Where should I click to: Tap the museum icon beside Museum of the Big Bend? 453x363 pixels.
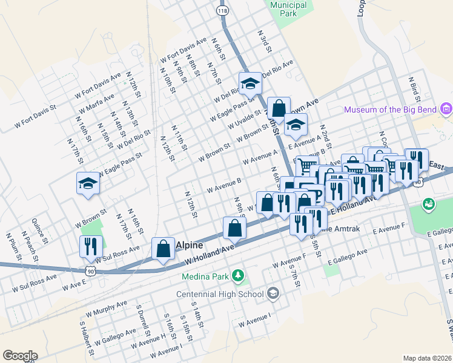[446, 110]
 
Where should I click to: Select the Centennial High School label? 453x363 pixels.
[219, 295]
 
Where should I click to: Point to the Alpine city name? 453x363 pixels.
[190, 246]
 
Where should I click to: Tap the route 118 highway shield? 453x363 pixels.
[222, 11]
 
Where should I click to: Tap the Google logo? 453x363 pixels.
[20, 356]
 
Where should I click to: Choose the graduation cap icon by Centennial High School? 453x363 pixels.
[273, 294]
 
